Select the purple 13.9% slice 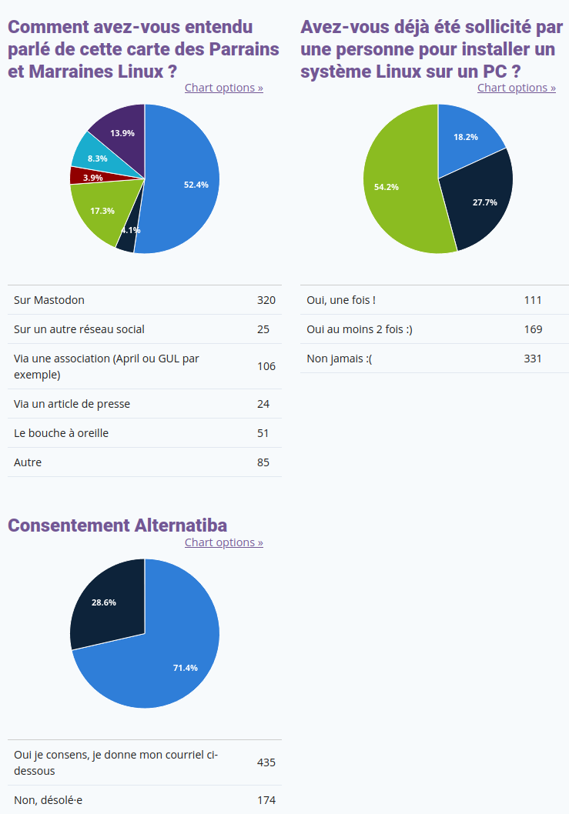point(122,134)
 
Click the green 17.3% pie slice point(102,210)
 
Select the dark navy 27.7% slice point(480,200)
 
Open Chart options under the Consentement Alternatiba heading point(224,542)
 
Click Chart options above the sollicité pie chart point(517,88)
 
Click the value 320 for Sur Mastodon point(266,300)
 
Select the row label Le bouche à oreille point(62,433)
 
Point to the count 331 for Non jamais point(533,359)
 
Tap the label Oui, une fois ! point(341,300)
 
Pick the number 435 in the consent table point(266,762)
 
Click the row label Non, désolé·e point(49,800)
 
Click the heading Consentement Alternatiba point(118,525)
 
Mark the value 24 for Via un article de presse point(263,404)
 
